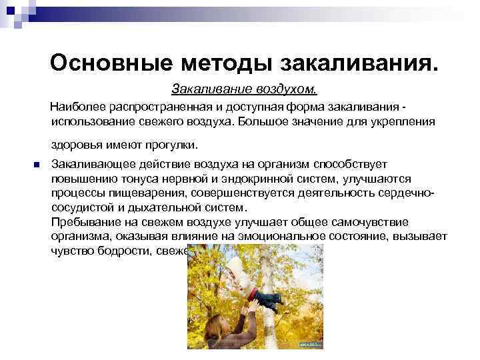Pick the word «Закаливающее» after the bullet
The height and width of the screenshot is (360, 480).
91,165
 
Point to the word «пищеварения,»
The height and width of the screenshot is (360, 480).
145,193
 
